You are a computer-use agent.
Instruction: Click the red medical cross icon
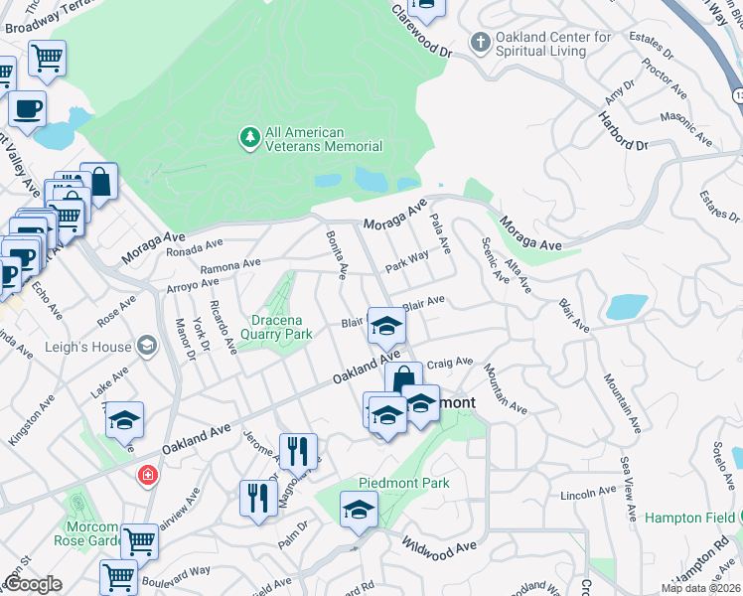[x=148, y=476]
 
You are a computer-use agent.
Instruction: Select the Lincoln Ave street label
[x=590, y=493]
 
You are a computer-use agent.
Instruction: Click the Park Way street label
[x=407, y=261]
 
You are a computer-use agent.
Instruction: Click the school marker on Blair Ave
[x=385, y=325]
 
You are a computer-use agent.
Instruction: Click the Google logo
[x=33, y=584]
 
